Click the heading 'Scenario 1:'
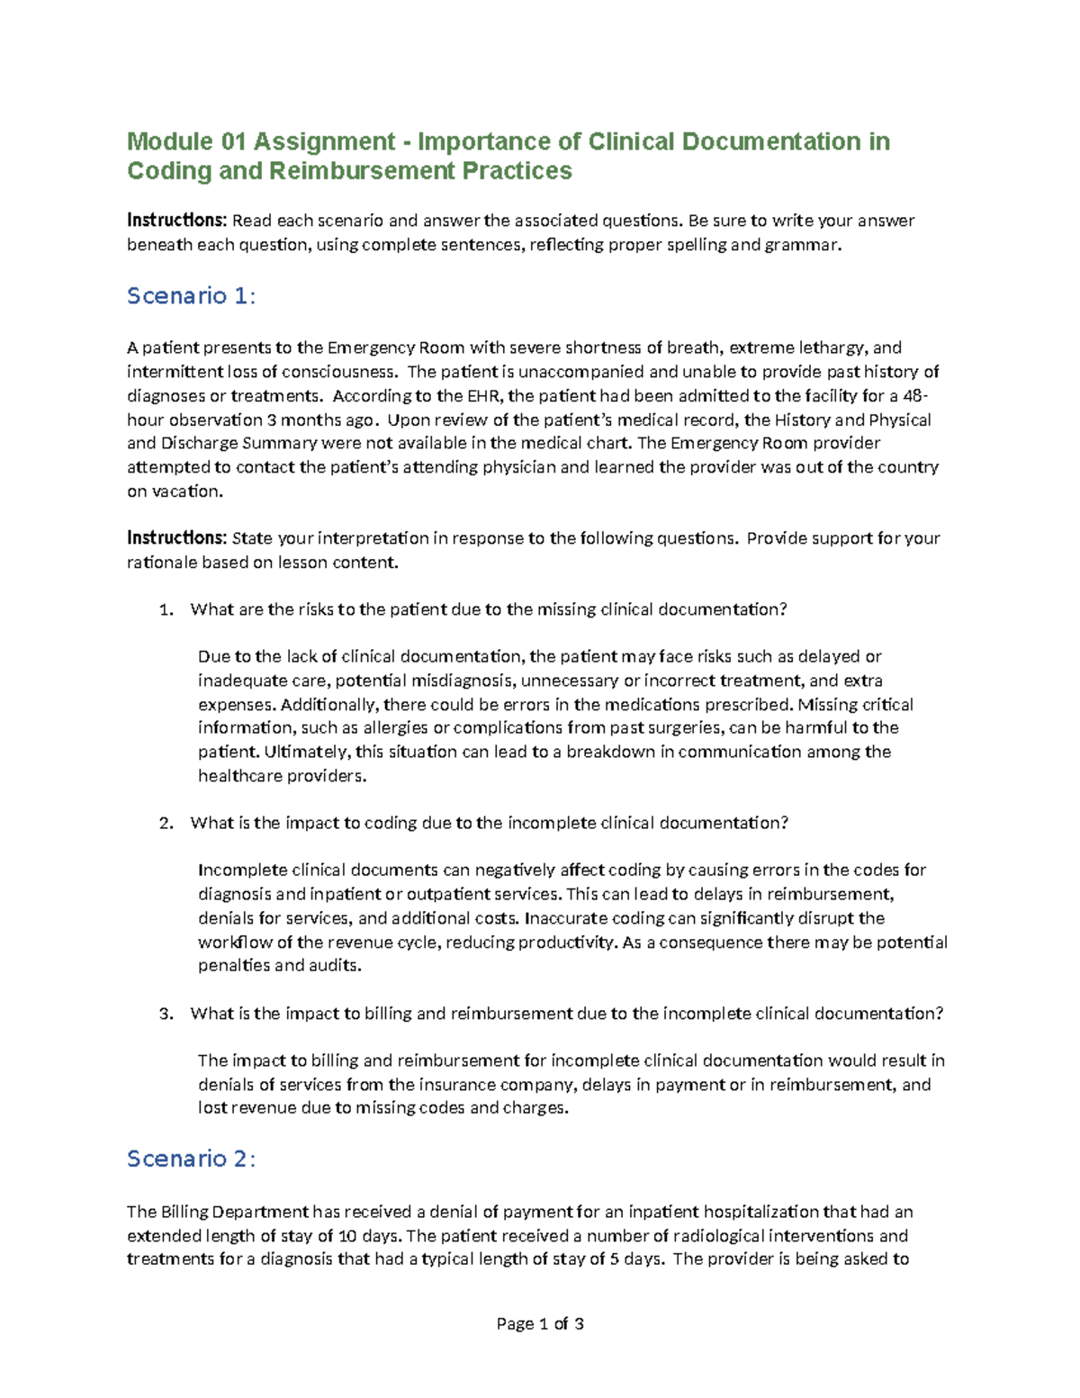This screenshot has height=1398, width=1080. (191, 296)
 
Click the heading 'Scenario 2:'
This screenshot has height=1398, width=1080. (191, 1159)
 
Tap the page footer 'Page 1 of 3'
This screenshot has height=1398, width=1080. (540, 1323)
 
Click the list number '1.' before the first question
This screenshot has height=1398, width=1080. (165, 609)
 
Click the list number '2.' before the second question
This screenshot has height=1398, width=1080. (165, 823)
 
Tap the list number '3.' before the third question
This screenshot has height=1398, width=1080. (165, 1014)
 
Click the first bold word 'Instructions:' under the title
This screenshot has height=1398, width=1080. (176, 221)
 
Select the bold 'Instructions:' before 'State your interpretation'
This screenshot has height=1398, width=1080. (176, 538)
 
